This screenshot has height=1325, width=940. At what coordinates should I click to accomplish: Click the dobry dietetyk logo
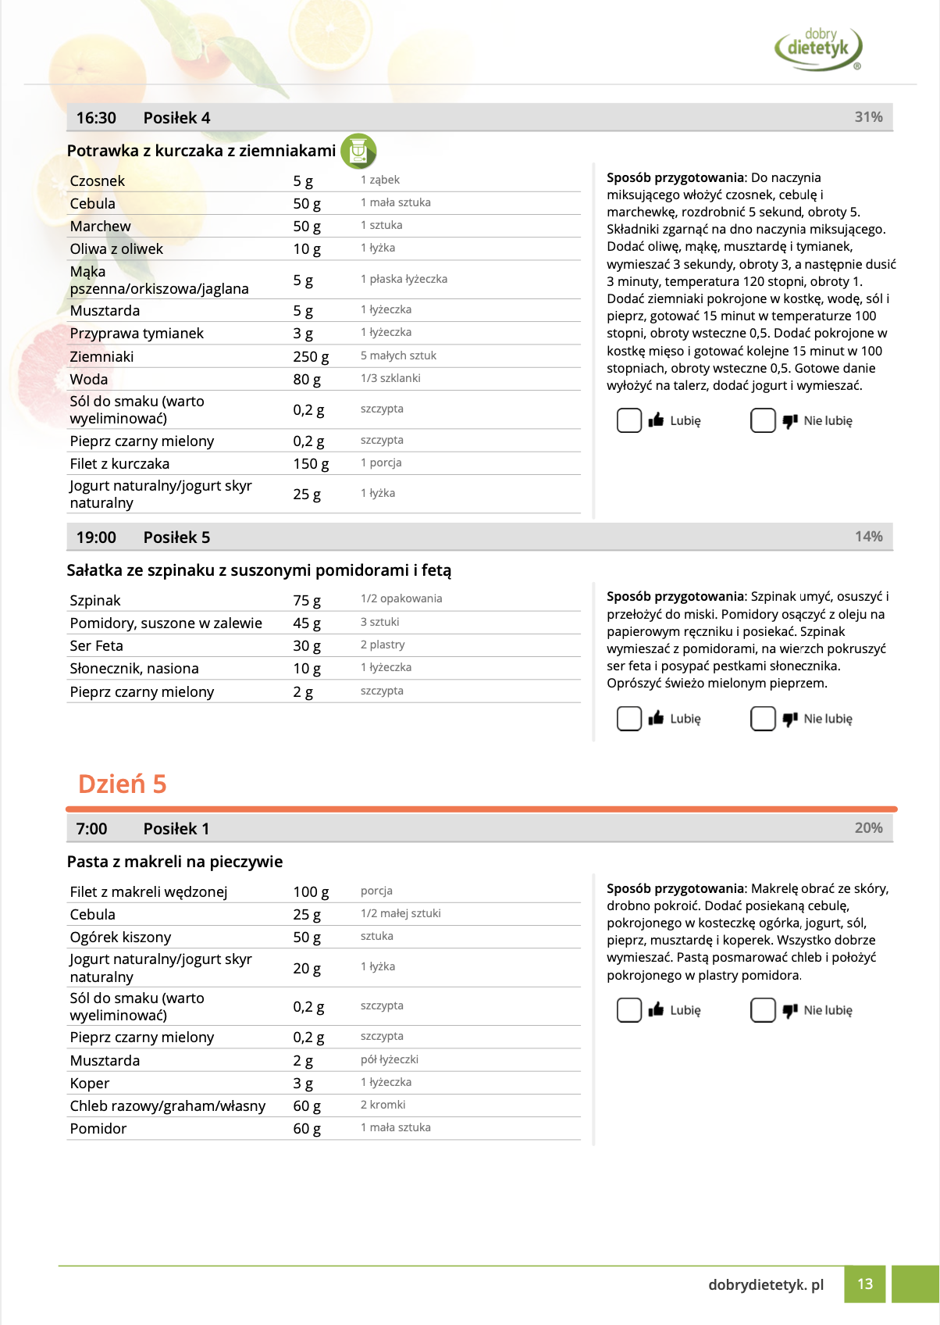(818, 47)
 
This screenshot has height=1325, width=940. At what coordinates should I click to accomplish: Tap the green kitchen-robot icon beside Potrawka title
(358, 151)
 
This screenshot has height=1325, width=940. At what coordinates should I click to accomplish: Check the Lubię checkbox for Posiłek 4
(629, 420)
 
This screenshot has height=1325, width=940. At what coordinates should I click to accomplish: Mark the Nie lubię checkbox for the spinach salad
(763, 719)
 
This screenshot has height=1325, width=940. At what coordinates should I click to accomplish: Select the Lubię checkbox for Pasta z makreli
(629, 1010)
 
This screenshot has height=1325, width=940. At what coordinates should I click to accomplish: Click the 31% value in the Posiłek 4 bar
(868, 117)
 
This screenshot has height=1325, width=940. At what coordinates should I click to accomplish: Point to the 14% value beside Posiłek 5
(868, 537)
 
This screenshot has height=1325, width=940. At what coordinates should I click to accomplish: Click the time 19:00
(96, 537)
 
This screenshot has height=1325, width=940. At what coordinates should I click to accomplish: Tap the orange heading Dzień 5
(123, 784)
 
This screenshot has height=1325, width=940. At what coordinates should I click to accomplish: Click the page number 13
(865, 1284)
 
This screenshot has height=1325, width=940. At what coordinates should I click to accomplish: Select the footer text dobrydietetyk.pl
(766, 1284)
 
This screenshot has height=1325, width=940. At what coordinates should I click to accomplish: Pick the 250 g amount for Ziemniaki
(311, 357)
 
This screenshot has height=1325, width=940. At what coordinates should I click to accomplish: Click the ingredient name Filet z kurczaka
(119, 464)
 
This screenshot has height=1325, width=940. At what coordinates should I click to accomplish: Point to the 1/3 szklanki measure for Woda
(390, 378)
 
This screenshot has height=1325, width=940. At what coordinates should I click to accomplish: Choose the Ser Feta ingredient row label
(97, 646)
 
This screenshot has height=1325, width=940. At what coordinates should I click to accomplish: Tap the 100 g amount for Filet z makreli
(311, 892)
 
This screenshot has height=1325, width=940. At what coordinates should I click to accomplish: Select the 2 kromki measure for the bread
(383, 1105)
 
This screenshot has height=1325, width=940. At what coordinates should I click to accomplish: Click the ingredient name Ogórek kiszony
(120, 937)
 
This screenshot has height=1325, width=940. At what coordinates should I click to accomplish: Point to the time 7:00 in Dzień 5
(91, 829)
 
